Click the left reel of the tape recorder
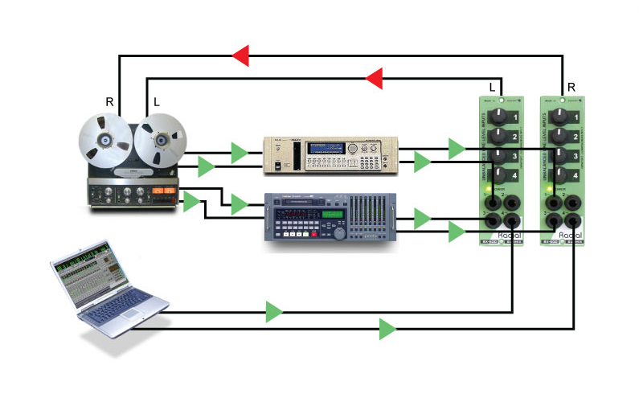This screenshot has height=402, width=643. click(103, 142)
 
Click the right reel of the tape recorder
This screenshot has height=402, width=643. click(161, 142)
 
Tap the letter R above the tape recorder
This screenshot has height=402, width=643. click(110, 101)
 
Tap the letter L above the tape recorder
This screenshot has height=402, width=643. click(156, 101)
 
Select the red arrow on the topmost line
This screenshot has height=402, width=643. click(240, 55)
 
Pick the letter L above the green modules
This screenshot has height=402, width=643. click(491, 86)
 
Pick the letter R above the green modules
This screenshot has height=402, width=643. click(571, 86)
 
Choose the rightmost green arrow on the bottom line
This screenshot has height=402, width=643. click(388, 328)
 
